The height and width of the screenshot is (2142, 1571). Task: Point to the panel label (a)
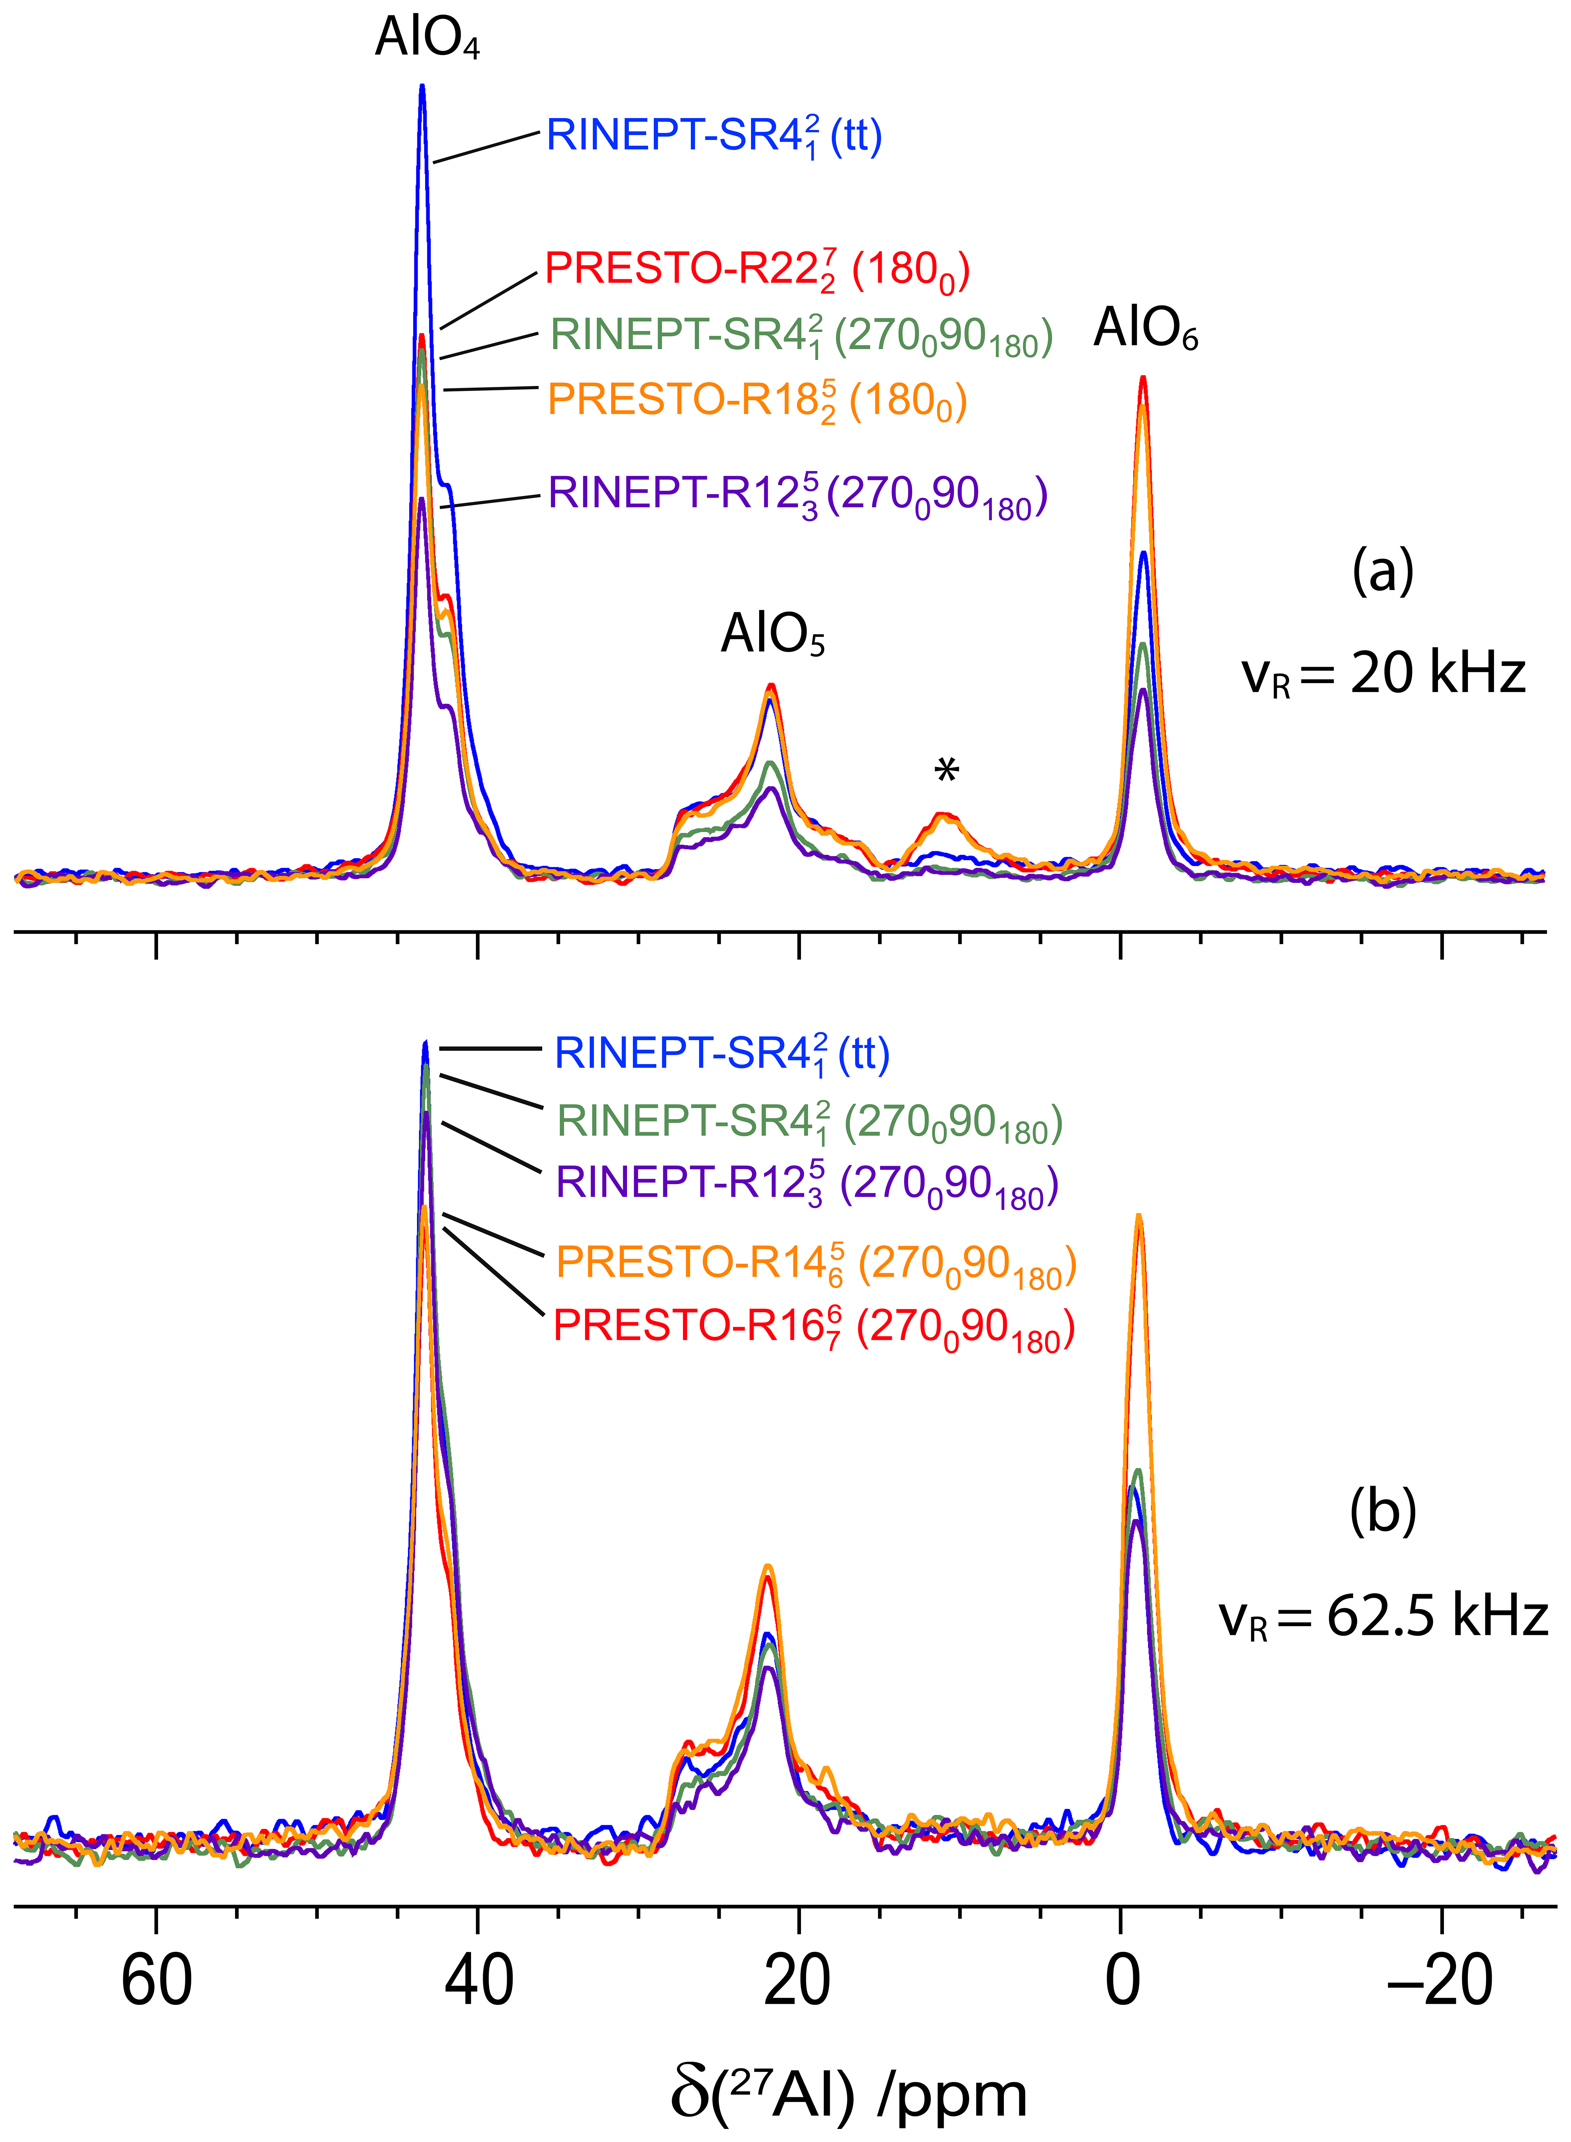(x=1383, y=573)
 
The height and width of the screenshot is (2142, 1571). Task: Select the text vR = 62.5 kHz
(x=1384, y=1616)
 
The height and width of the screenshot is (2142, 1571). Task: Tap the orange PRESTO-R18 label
(x=757, y=400)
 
